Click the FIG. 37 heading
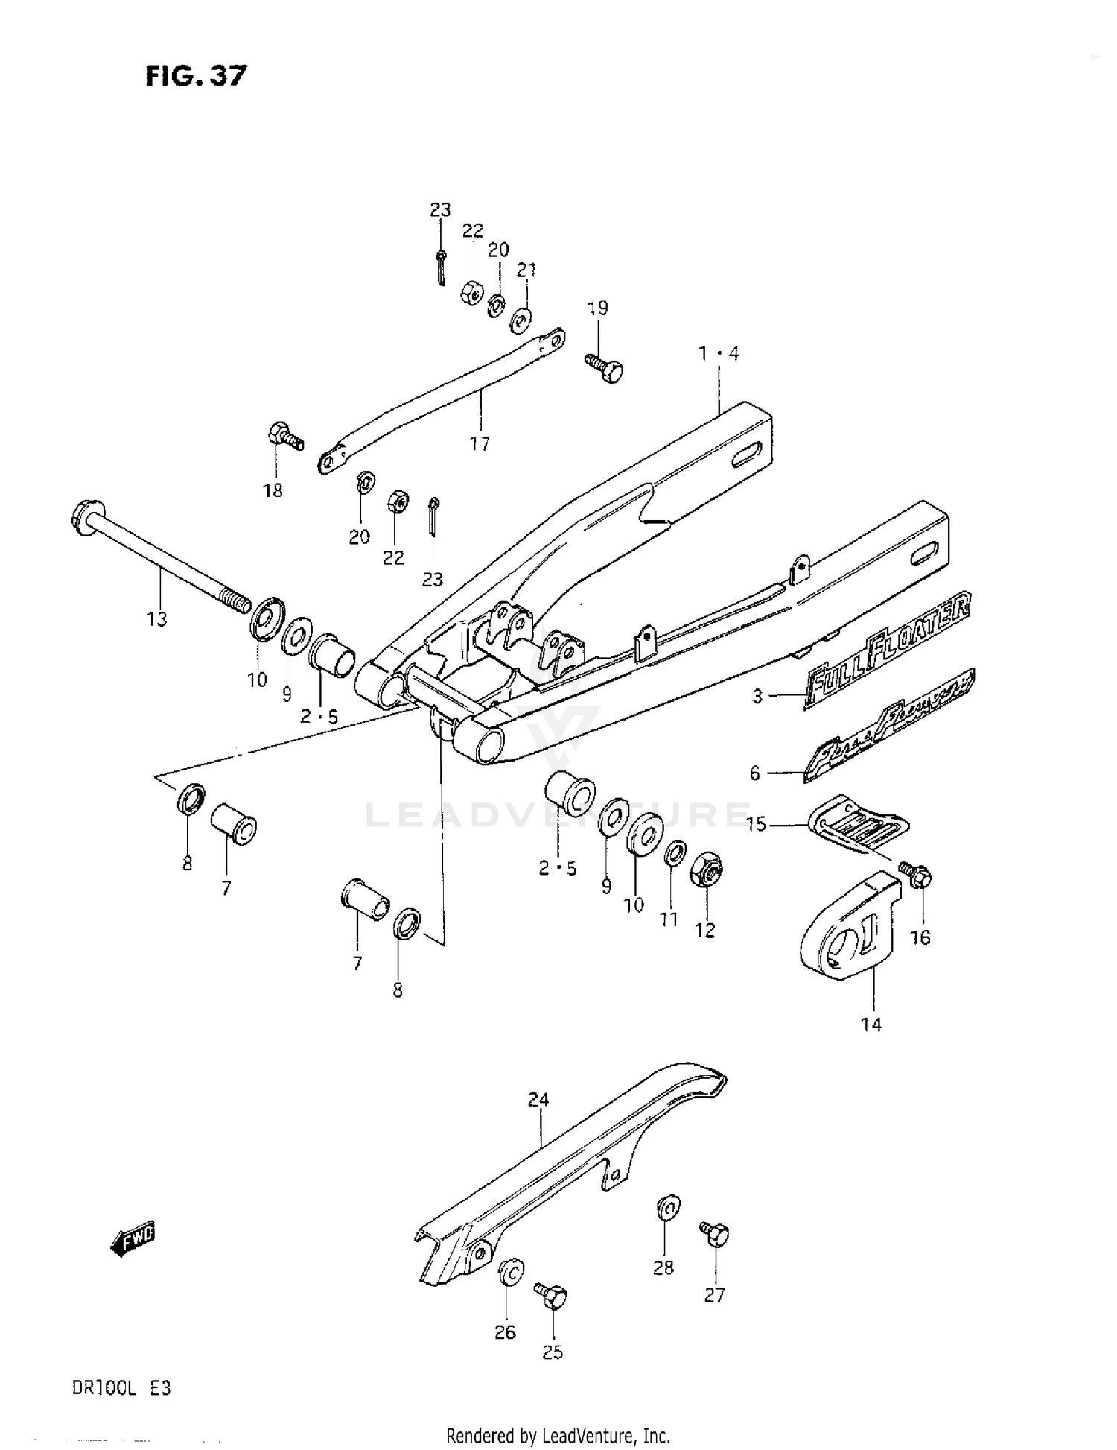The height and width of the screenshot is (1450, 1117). tap(196, 75)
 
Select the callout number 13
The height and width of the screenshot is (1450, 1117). tap(157, 618)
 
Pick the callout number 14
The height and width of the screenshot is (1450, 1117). tap(871, 1025)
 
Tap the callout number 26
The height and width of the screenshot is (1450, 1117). tap(505, 1332)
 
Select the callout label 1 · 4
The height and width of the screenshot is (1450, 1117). tap(719, 353)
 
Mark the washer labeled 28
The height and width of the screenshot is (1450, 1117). tap(668, 1207)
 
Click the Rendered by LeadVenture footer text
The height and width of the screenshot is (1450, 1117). tap(558, 1435)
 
